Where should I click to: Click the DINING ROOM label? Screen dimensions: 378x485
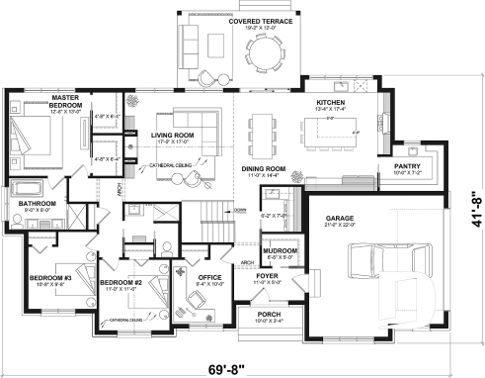tap(264, 169)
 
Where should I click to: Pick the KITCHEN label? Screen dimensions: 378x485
tap(329, 103)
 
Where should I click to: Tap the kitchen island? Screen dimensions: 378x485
tap(338, 127)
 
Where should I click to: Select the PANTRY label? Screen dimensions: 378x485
tap(408, 166)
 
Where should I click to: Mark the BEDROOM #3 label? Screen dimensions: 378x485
tap(49, 278)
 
